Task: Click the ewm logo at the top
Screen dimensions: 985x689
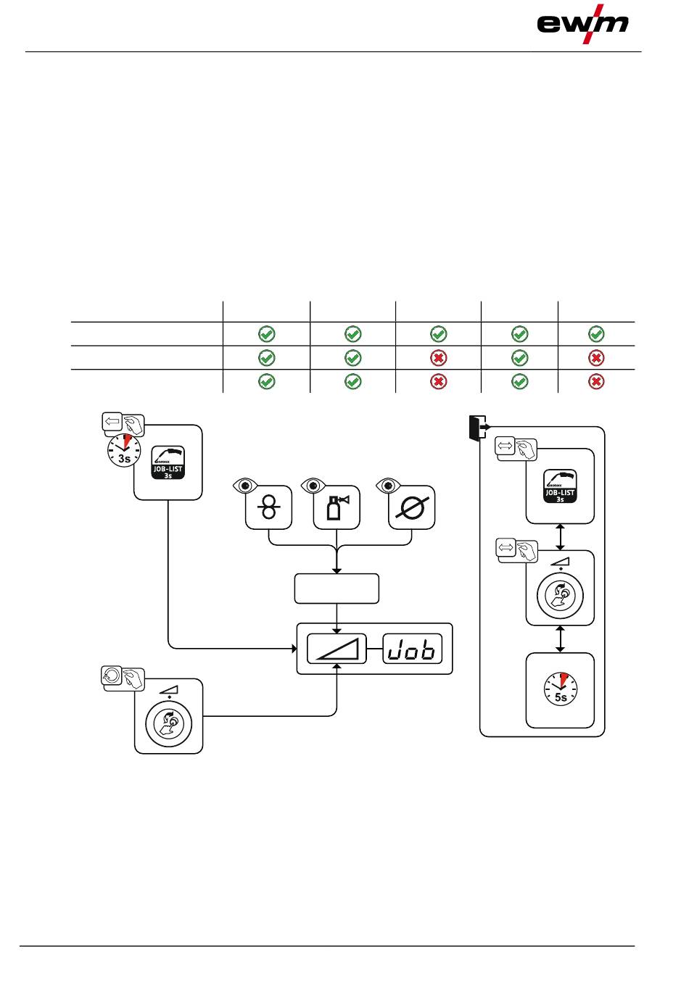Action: coord(582,24)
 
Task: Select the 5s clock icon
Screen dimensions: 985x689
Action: coord(561,689)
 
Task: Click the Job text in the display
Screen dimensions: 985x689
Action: coord(413,649)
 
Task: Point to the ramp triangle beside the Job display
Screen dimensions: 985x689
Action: coord(338,649)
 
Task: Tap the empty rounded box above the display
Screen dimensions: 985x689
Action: coord(337,589)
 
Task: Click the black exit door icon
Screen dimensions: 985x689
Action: coord(475,428)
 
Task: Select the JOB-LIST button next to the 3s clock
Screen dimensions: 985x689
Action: coord(168,462)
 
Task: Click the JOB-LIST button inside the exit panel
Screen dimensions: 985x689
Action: coord(560,486)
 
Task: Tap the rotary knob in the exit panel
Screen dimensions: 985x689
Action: coord(560,596)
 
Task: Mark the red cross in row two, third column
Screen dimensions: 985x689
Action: coord(439,358)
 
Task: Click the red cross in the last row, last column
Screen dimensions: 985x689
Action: coord(596,382)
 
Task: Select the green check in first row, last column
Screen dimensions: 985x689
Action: coord(596,334)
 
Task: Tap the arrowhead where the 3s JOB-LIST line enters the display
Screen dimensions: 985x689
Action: coord(293,648)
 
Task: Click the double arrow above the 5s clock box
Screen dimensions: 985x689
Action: coord(560,639)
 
